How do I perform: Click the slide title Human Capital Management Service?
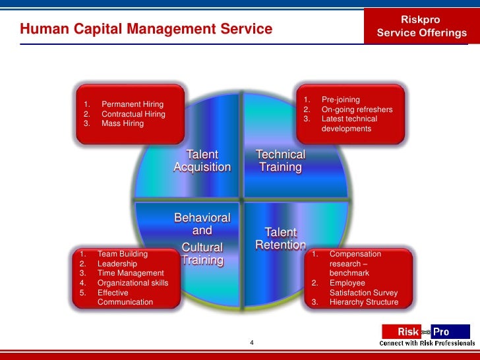(x=146, y=29)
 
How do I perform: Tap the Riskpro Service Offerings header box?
(x=421, y=26)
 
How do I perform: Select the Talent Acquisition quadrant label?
(x=202, y=161)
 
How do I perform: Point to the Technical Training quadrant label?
(x=280, y=161)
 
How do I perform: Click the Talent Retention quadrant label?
(x=280, y=239)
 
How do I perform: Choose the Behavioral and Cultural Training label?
(x=202, y=239)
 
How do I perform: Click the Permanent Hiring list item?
(x=132, y=104)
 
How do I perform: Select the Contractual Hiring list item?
(x=133, y=114)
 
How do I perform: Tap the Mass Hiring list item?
(x=122, y=123)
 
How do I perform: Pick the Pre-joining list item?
(x=340, y=100)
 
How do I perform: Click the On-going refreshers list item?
(x=356, y=109)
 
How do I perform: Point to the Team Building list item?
(x=122, y=253)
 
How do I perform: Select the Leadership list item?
(x=117, y=264)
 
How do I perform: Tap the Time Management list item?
(x=130, y=273)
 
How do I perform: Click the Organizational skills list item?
(x=133, y=283)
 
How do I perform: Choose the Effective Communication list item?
(x=125, y=297)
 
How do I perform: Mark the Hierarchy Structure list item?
(x=363, y=302)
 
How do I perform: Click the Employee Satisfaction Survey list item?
(x=363, y=287)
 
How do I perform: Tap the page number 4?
(x=252, y=343)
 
